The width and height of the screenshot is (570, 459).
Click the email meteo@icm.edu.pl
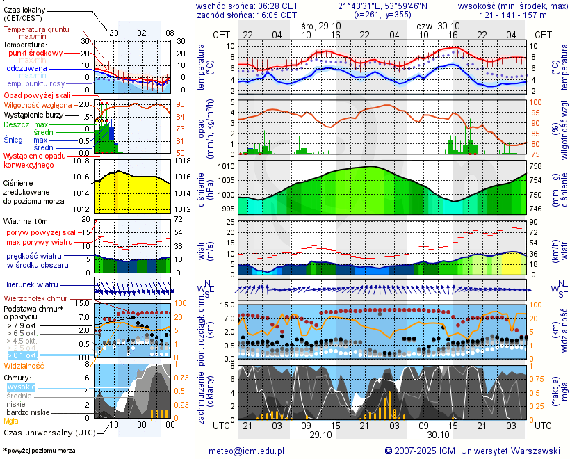(x=247, y=451)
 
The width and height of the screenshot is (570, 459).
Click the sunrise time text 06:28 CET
(x=277, y=6)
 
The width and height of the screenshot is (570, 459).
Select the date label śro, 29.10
(x=321, y=24)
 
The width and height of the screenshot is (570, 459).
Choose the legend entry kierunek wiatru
(x=32, y=285)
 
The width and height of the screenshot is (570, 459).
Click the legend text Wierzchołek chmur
(x=35, y=298)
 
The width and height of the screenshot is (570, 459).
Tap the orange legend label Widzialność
(x=24, y=364)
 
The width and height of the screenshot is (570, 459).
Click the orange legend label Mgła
(x=11, y=421)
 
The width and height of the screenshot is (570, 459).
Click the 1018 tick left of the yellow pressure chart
(x=83, y=161)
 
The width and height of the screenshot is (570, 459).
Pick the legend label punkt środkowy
(x=36, y=53)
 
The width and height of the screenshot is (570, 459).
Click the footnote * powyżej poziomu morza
(x=39, y=451)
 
